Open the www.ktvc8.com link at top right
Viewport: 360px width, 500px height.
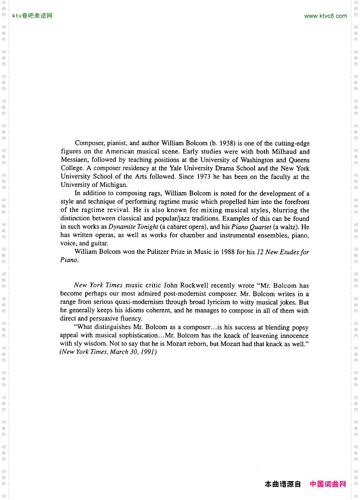click(325, 16)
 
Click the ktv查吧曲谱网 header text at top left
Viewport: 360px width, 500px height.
click(33, 16)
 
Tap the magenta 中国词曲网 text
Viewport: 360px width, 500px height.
click(327, 484)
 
